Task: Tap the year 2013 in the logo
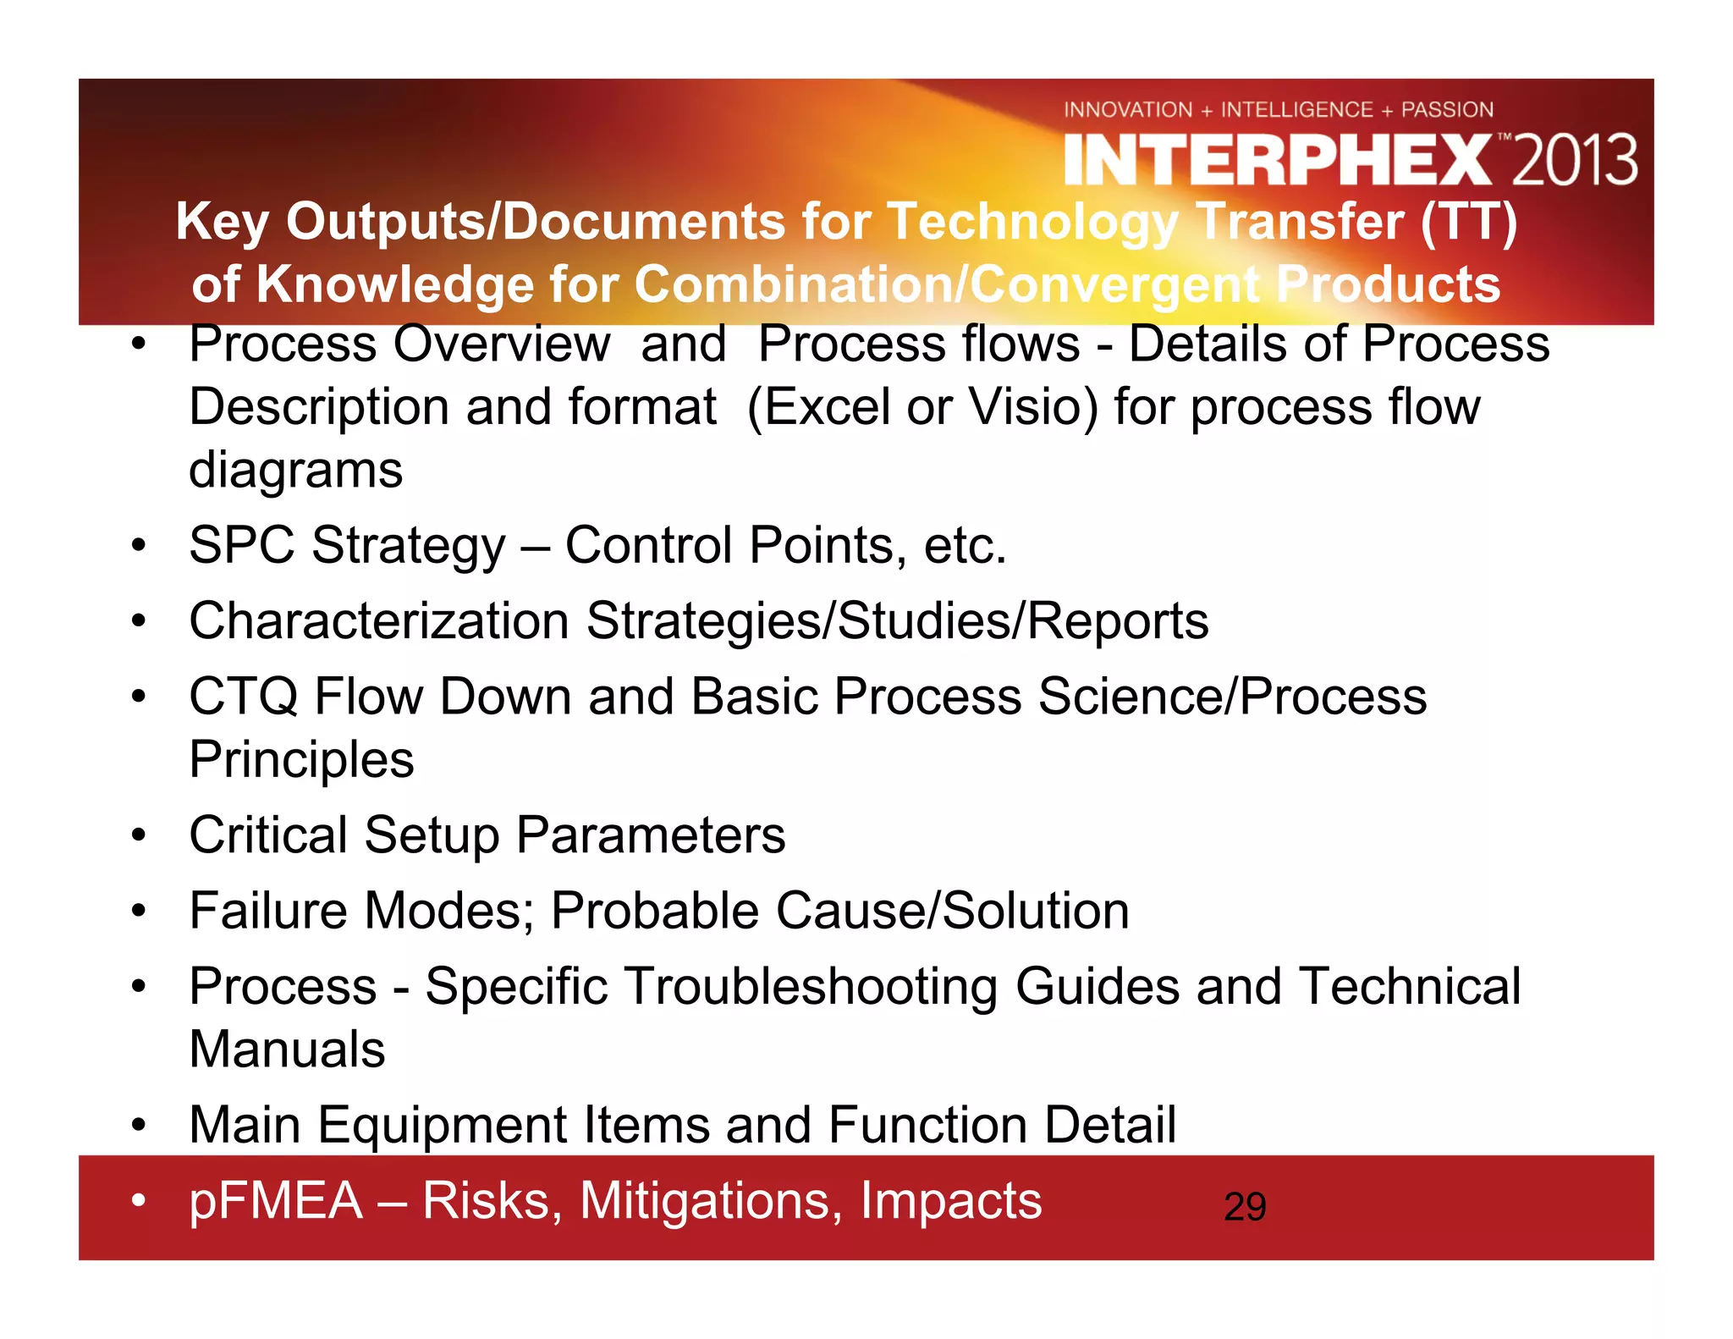(1574, 160)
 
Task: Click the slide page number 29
(1245, 1206)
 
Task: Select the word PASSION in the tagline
(1447, 109)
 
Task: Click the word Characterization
(378, 620)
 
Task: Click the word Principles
(301, 759)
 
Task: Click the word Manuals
(287, 1050)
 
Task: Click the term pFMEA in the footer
(276, 1200)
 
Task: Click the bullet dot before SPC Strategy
(139, 545)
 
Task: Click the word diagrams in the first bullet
(295, 470)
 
